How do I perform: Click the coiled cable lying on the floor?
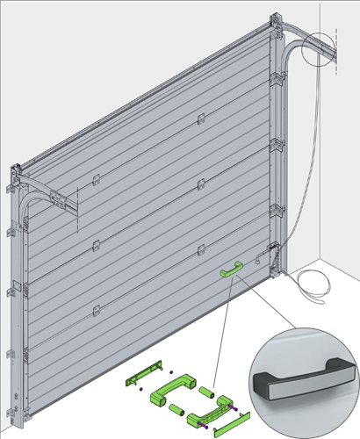point(312,283)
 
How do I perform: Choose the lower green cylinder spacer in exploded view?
point(176,408)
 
